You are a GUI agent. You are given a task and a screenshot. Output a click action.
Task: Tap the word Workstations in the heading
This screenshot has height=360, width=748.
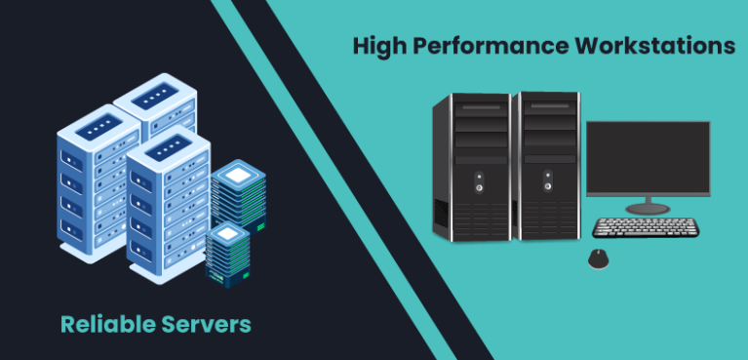pos(662,46)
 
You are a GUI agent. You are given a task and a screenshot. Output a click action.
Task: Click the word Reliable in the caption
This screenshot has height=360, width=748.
pos(104,325)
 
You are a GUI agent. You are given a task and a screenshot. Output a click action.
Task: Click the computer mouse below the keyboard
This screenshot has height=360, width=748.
pos(598,259)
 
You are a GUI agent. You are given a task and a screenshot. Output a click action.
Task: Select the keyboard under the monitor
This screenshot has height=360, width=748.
pos(646,227)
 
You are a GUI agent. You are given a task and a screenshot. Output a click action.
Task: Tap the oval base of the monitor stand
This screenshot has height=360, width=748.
pos(648,208)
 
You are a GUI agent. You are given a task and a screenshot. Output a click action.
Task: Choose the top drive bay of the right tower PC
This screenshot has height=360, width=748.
pos(548,110)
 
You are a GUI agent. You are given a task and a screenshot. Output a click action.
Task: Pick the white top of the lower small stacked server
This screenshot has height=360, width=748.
pos(226,235)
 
